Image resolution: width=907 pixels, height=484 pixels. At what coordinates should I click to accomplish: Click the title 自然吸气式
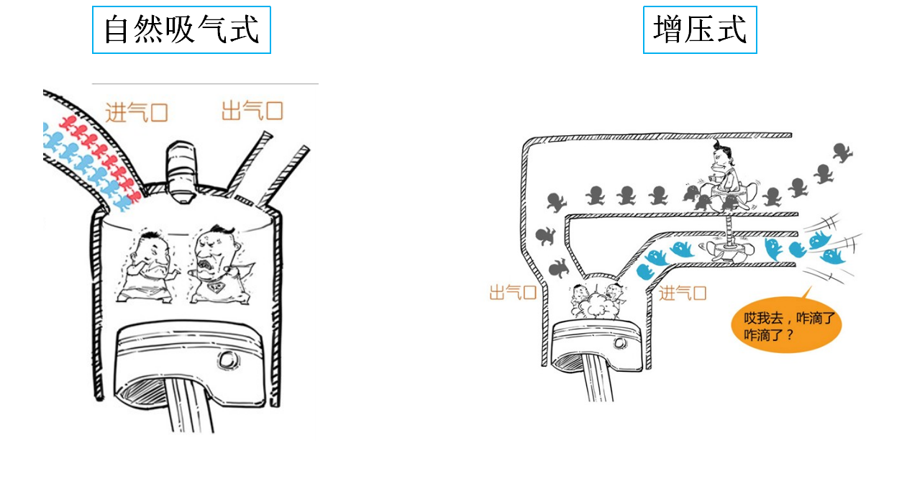pyautogui.click(x=181, y=30)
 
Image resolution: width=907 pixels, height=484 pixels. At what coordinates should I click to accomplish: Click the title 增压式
pyautogui.click(x=700, y=30)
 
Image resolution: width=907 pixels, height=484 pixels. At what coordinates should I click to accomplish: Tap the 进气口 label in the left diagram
pyautogui.click(x=137, y=112)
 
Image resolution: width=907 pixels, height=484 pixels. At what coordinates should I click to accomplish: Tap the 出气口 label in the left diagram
pyautogui.click(x=252, y=111)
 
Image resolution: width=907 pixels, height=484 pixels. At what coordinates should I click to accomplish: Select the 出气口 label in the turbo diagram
pyautogui.click(x=513, y=293)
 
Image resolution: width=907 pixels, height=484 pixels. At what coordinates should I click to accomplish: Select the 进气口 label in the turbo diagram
pyautogui.click(x=683, y=293)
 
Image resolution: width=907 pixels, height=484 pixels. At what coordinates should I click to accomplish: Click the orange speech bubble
pyautogui.click(x=785, y=326)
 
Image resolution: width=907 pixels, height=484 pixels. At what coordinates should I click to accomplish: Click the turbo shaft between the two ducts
pyautogui.click(x=729, y=228)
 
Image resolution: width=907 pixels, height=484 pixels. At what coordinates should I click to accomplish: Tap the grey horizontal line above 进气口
pyautogui.click(x=205, y=83)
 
